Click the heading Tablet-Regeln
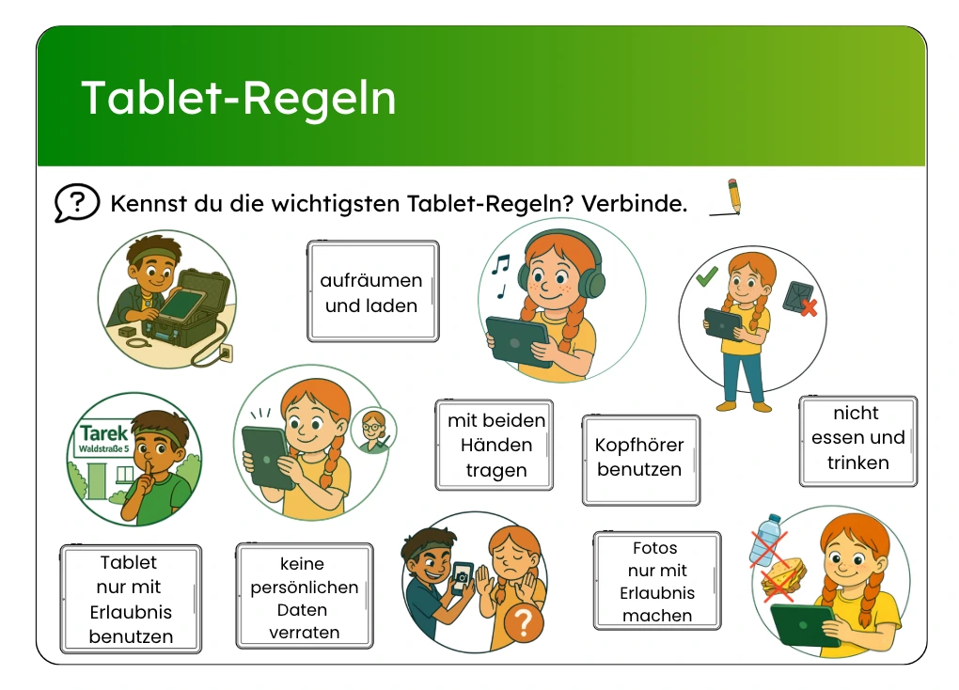pyautogui.click(x=239, y=98)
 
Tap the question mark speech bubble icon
pyautogui.click(x=76, y=202)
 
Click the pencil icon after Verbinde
pyautogui.click(x=728, y=197)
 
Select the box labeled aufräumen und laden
pyautogui.click(x=373, y=291)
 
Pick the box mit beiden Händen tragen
pyautogui.click(x=495, y=445)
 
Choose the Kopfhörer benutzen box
pyautogui.click(x=641, y=460)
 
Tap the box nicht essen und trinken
pyautogui.click(x=858, y=441)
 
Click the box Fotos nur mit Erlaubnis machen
pyautogui.click(x=657, y=581)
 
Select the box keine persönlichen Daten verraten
pyautogui.click(x=305, y=596)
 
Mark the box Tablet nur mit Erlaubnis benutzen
pyautogui.click(x=131, y=599)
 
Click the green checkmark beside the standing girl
pyautogui.click(x=706, y=276)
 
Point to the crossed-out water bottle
pyautogui.click(x=765, y=541)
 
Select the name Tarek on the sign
pyautogui.click(x=104, y=433)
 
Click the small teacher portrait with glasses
pyautogui.click(x=373, y=430)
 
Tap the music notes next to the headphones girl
pyautogui.click(x=500, y=275)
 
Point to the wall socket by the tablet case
pyautogui.click(x=226, y=353)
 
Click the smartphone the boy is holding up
pyautogui.click(x=462, y=578)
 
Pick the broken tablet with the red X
pyautogui.click(x=800, y=298)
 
